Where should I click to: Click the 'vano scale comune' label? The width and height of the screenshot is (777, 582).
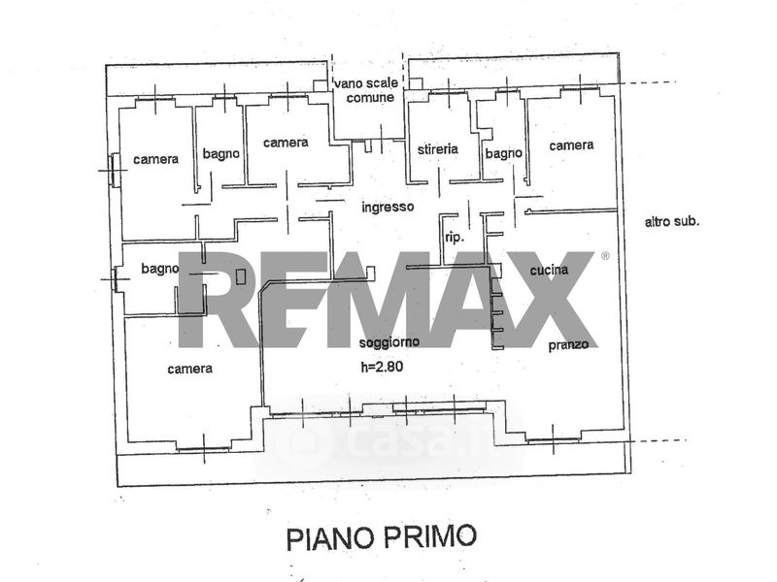367,90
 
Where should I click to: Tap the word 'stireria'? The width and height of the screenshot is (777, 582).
438,148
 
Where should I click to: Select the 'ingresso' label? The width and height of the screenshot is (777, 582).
388,207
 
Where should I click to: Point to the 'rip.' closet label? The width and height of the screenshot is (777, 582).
455,238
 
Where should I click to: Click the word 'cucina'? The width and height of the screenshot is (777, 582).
549,270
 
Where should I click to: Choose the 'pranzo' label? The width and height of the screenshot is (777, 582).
568,345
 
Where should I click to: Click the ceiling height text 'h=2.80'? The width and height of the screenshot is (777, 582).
382,367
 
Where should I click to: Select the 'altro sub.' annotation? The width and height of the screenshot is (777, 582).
672,221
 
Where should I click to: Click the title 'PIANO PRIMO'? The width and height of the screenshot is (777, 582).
382,537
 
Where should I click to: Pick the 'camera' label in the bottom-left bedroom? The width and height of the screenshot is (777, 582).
189,369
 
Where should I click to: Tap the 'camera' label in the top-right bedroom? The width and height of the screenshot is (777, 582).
571,145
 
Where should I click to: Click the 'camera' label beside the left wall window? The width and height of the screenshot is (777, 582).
155,159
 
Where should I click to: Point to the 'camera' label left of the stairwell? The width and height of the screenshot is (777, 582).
286,143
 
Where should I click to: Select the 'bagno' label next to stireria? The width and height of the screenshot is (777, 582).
503,154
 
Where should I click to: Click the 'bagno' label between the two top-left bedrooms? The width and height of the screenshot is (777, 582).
221,154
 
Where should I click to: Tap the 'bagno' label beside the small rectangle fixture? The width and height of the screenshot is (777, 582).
159,269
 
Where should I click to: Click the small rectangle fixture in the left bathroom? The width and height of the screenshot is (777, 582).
241,276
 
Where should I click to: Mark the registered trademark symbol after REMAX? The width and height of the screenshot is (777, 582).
605,256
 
